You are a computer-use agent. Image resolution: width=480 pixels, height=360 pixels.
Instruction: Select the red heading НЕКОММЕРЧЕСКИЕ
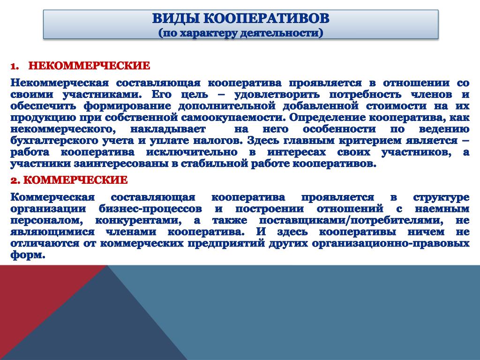pos(90,66)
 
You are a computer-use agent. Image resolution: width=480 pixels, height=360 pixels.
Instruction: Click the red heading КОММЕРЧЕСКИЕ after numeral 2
pos(75,180)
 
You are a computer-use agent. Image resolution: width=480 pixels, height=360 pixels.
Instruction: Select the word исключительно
pos(192,152)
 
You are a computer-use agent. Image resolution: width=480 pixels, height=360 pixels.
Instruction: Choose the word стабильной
pos(214,164)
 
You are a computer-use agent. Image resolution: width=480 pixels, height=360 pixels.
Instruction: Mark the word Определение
pos(327,118)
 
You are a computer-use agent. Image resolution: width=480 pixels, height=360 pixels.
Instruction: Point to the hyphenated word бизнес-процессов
pos(150,209)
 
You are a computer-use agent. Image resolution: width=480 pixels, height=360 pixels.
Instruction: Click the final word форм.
pos(28,255)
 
